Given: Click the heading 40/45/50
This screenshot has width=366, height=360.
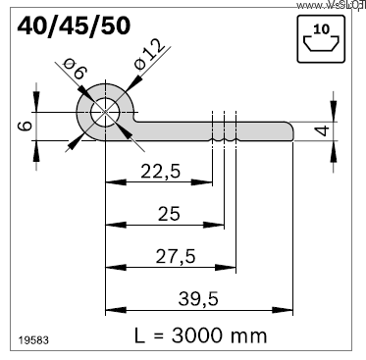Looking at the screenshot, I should tap(72, 26).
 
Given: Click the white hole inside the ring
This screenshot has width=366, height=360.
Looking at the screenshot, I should tap(103, 114).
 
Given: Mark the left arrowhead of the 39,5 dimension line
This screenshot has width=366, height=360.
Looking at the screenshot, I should tap(110, 309).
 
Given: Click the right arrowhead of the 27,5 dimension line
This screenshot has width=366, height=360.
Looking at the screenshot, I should tap(231, 266).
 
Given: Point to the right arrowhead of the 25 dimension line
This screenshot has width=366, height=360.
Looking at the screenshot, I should tap(219, 225).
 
